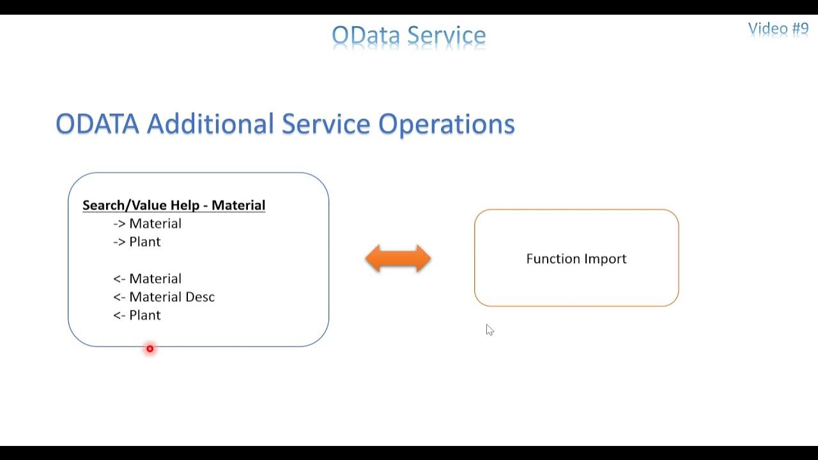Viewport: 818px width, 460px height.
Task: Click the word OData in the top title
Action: tap(366, 35)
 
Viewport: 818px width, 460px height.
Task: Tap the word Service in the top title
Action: tap(447, 35)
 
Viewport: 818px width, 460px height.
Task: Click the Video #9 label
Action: tap(778, 29)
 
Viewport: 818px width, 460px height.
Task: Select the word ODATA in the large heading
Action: tap(97, 124)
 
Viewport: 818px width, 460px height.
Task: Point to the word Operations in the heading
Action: tap(446, 125)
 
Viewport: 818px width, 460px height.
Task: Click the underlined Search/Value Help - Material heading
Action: tap(174, 205)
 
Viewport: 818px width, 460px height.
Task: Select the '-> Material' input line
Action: tap(147, 224)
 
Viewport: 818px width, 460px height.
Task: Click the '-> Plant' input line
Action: tap(137, 241)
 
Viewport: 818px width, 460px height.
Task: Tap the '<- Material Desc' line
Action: tap(164, 297)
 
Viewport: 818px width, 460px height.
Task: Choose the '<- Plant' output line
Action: tap(137, 315)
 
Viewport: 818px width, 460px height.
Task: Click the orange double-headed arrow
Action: tap(398, 259)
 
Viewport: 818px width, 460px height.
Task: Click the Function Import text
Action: tap(576, 259)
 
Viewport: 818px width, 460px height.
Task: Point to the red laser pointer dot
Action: tap(150, 349)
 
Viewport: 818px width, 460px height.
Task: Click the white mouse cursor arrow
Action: tap(490, 330)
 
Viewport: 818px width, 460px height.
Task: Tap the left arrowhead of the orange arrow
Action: tap(373, 259)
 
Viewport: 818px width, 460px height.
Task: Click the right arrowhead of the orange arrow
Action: tap(423, 259)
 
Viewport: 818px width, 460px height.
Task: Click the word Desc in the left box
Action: tap(200, 297)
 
